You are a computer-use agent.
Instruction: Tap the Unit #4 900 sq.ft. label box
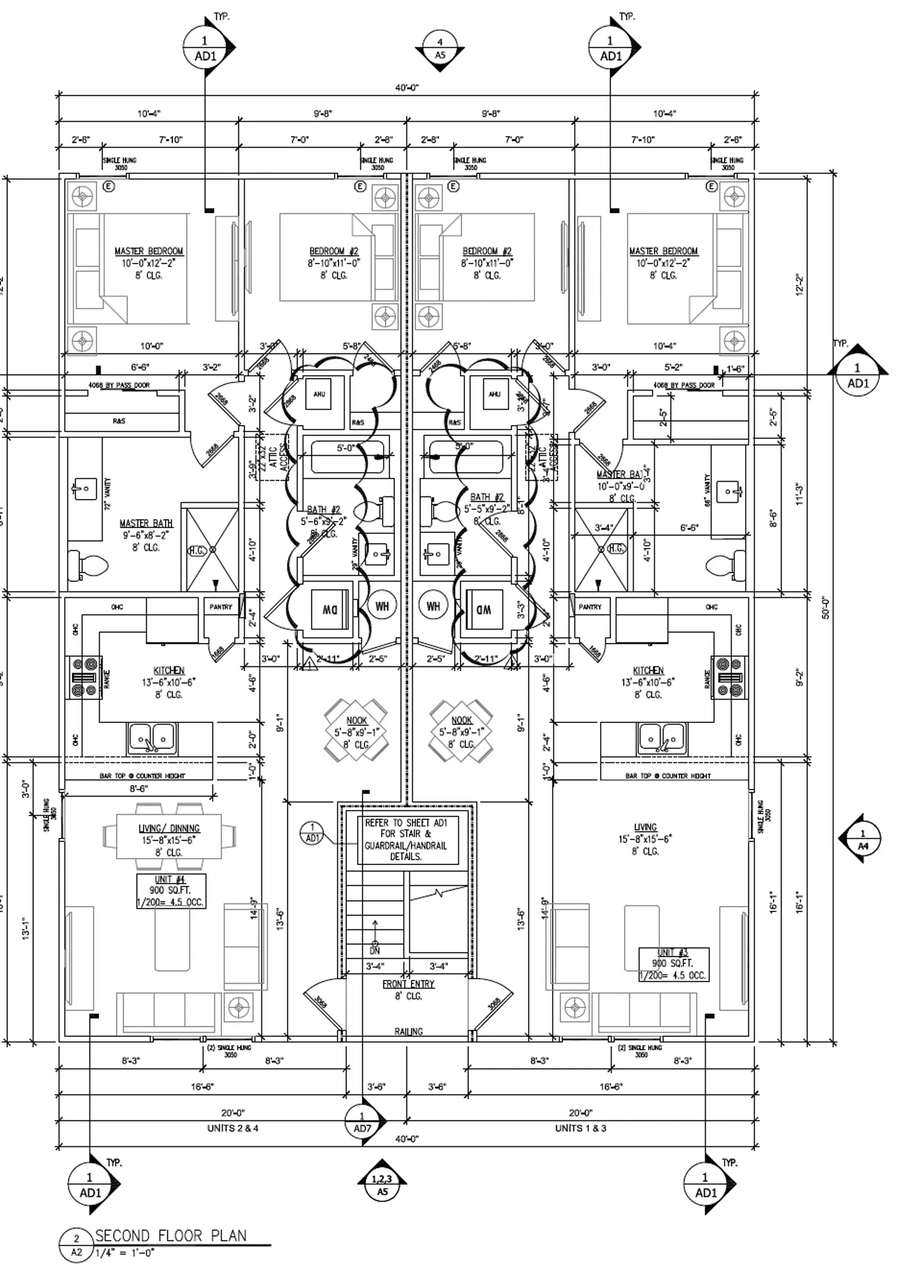[x=171, y=890]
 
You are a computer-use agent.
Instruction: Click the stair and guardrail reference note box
[x=407, y=840]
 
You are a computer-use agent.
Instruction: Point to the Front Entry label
[x=408, y=984]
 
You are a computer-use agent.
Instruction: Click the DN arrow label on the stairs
[x=375, y=950]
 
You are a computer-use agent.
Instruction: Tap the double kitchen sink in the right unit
[x=662, y=738]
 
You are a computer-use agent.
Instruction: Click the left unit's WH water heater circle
[x=382, y=606]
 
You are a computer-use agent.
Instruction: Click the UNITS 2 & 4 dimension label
[x=232, y=1128]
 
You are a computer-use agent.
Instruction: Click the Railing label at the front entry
[x=408, y=1031]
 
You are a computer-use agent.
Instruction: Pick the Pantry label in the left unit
[x=221, y=607]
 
